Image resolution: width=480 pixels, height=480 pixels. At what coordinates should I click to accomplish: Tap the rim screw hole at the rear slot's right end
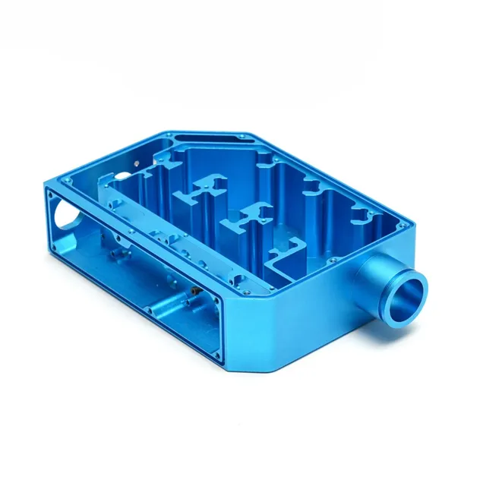[242, 137]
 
